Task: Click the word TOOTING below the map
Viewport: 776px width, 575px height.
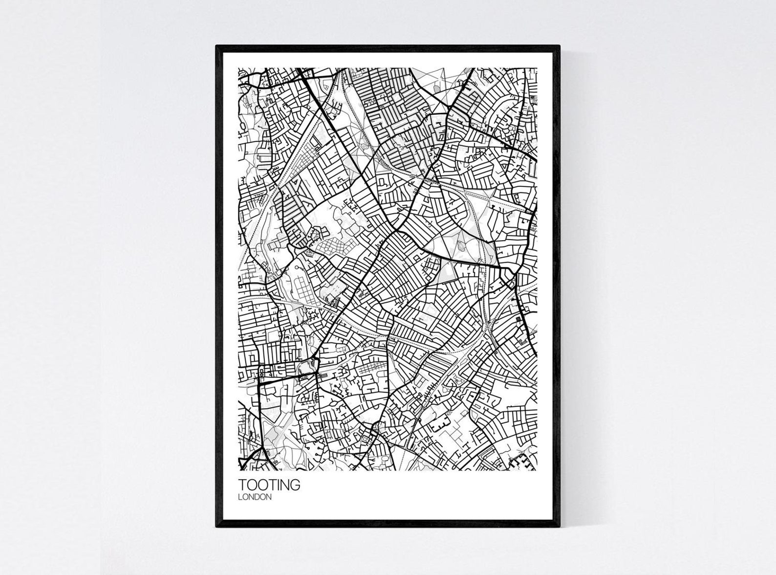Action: tap(269, 485)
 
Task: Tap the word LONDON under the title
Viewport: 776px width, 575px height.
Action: tap(255, 497)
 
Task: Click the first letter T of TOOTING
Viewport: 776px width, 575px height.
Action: tap(242, 485)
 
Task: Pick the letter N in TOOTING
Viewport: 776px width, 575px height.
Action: tap(286, 485)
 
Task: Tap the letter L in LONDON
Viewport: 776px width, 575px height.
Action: tap(240, 497)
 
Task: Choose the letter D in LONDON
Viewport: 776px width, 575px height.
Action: tap(257, 497)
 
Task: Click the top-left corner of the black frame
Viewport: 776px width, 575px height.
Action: tap(217, 46)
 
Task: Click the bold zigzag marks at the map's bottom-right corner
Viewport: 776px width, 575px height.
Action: tap(522, 462)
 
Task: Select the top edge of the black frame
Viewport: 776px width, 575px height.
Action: tap(388, 47)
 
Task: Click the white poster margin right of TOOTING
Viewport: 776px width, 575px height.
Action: tap(415, 491)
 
